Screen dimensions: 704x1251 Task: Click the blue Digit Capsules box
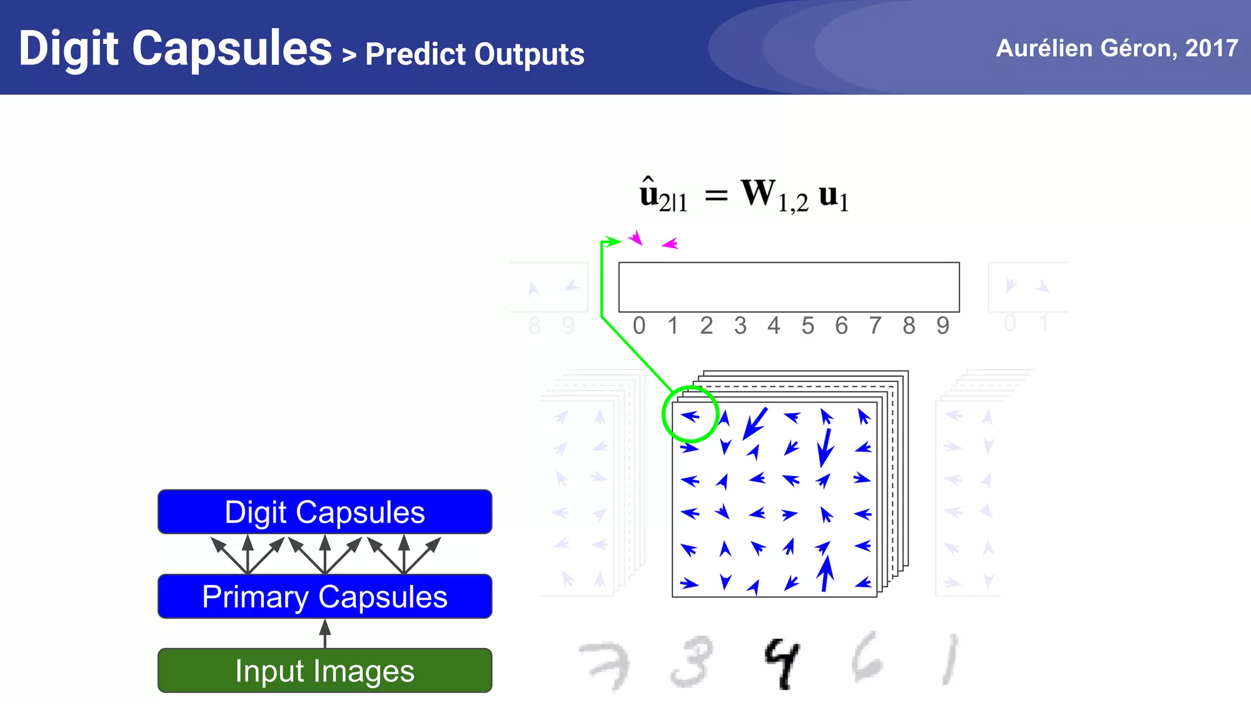tap(324, 512)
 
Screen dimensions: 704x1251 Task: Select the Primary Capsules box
tap(324, 596)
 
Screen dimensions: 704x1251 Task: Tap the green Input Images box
tap(324, 670)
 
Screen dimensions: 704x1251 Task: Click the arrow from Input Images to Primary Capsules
tap(325, 633)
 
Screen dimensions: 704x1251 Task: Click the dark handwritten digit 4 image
tap(781, 663)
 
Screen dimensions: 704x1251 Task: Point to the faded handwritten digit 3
tap(691, 661)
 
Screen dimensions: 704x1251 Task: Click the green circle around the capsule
tap(690, 414)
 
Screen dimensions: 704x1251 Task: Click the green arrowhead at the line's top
tap(613, 241)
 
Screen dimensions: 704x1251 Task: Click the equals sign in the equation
tap(716, 196)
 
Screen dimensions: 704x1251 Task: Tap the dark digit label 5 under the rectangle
tap(808, 326)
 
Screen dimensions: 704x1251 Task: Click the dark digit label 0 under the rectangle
tap(639, 326)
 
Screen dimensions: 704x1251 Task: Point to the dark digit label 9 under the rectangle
tap(943, 326)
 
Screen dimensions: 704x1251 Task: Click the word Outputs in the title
tap(529, 54)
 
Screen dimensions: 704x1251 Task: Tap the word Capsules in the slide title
tap(232, 48)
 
